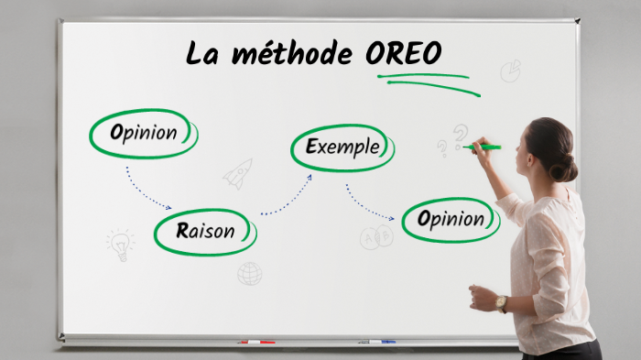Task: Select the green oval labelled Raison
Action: click(205, 232)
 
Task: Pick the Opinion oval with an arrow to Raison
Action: click(143, 133)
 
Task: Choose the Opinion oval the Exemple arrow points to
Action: click(451, 220)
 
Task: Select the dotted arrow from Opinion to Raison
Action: click(147, 188)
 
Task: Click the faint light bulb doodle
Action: click(120, 244)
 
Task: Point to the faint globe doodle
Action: click(249, 273)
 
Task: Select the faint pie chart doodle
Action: click(510, 71)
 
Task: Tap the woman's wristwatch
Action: click(500, 302)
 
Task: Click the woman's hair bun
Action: click(564, 167)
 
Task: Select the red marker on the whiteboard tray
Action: click(256, 343)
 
